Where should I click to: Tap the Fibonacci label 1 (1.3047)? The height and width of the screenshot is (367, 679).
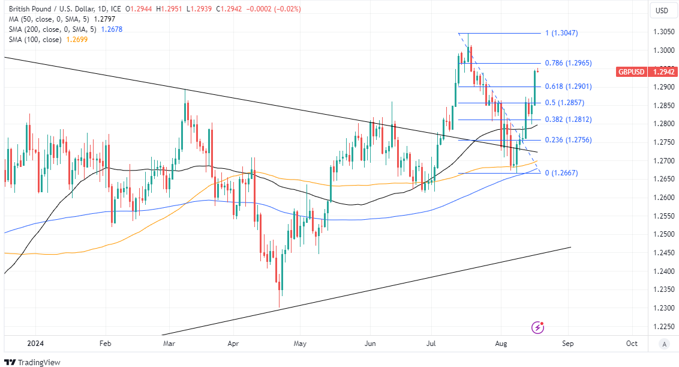(561, 33)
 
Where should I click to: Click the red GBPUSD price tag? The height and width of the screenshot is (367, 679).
(631, 72)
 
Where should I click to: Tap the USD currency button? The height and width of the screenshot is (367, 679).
(662, 10)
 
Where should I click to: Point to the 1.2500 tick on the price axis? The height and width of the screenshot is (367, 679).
(662, 234)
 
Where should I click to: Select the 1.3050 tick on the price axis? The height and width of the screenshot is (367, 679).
(662, 32)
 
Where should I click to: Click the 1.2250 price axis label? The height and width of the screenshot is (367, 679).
(662, 327)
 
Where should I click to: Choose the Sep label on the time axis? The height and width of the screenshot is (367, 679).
(568, 344)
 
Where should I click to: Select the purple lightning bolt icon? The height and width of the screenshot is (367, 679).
(538, 327)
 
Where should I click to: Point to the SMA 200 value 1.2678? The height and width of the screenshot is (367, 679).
(111, 29)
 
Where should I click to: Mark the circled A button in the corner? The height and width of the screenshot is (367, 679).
(663, 344)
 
